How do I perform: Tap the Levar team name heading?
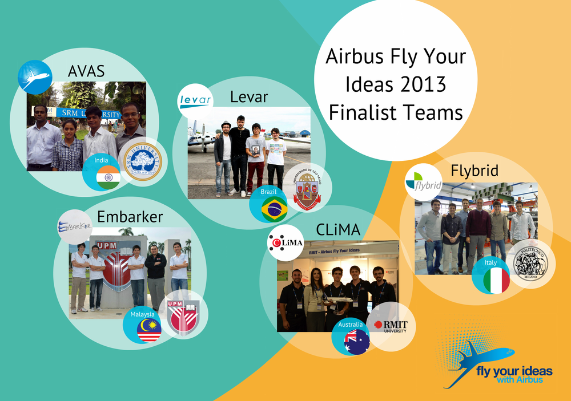click(x=248, y=97)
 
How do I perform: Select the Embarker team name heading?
click(x=130, y=217)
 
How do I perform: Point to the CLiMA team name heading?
click(x=338, y=230)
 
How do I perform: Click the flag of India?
click(x=108, y=179)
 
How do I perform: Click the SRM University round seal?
click(x=142, y=163)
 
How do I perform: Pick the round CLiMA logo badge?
click(x=285, y=243)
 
